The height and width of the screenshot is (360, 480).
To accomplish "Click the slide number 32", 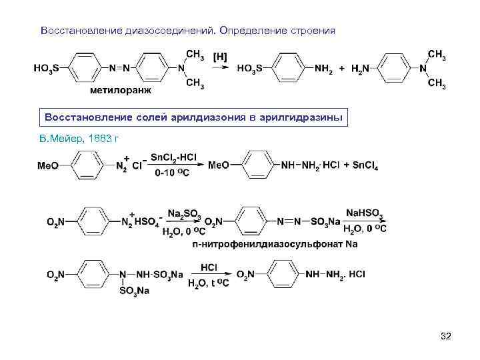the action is click(446, 337).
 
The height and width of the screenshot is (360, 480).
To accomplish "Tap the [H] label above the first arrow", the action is click(219, 58).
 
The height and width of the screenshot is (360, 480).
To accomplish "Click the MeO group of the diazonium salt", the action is click(48, 165).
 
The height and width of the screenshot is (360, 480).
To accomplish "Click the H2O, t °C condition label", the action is click(209, 283).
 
